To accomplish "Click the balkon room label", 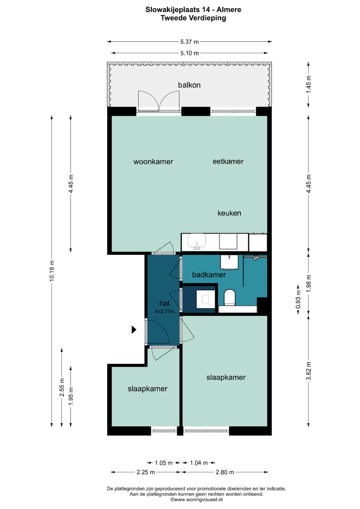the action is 189,85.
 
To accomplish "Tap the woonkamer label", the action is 153,162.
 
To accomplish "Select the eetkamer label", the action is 228,161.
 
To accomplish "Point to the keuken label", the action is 229,213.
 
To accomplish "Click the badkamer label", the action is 209,274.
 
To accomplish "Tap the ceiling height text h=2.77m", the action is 165,312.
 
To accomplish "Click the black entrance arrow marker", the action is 134,329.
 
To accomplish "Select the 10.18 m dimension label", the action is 52,271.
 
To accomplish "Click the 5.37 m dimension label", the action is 190,42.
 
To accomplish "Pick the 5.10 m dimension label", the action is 190,53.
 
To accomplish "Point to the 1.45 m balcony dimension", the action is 308,84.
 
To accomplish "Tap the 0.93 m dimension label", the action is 298,299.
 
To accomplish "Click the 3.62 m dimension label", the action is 308,371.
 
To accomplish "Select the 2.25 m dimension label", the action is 146,472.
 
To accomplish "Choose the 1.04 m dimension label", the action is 199,463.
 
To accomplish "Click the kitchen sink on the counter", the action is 197,241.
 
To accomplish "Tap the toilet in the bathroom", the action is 230,297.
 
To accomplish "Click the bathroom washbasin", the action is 229,262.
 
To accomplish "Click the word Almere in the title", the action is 229,10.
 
